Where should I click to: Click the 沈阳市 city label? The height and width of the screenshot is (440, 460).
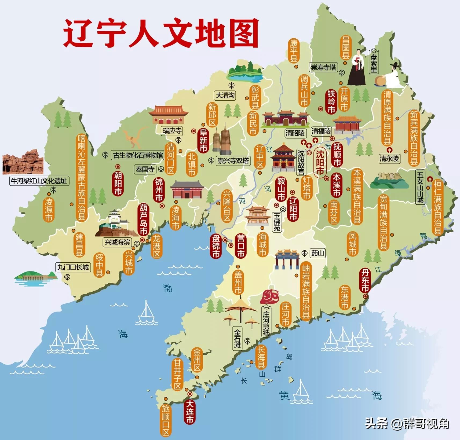click(320, 162)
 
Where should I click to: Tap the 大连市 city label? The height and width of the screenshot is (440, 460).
click(190, 412)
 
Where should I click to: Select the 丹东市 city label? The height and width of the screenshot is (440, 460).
click(365, 280)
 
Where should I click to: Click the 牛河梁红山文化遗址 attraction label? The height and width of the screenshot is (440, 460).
click(39, 181)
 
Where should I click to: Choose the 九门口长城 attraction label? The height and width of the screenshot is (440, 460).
click(73, 267)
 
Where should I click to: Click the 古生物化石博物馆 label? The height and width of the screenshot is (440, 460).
click(138, 155)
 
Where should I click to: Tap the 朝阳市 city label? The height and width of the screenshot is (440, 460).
click(118, 184)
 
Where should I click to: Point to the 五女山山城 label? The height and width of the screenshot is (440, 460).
click(420, 187)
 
